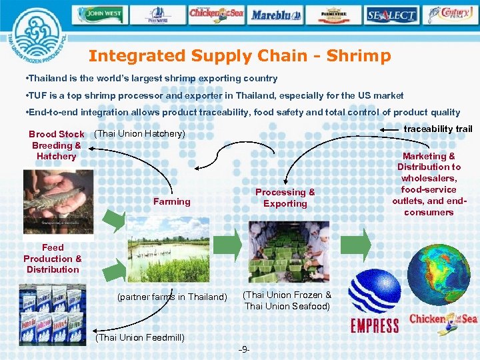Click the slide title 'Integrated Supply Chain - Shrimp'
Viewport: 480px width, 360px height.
(239, 56)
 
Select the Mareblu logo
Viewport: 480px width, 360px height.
(276, 14)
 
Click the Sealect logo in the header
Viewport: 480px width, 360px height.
(391, 14)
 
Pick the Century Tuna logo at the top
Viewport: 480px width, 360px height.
(452, 14)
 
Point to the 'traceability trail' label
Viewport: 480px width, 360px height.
(438, 129)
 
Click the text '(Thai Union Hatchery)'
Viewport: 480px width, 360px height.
(140, 134)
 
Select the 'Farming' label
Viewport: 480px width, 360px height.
(171, 201)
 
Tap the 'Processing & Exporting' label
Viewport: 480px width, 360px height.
(285, 198)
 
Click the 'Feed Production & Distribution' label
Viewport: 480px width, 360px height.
(53, 259)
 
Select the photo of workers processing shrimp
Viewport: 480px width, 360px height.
(289, 251)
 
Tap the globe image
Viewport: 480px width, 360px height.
(442, 271)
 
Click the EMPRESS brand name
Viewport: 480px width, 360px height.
(374, 326)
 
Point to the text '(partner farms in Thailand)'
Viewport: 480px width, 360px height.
(172, 297)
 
